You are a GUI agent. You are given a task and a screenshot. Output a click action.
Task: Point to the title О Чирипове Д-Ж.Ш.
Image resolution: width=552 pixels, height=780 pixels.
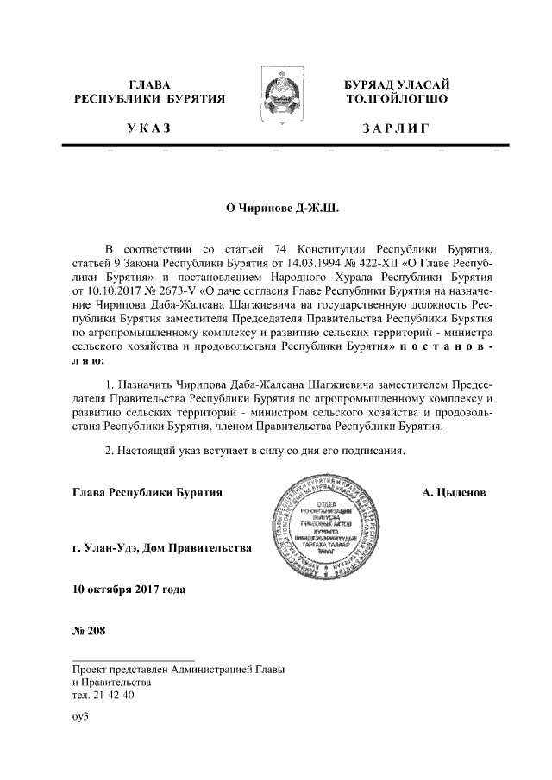[x=276, y=207]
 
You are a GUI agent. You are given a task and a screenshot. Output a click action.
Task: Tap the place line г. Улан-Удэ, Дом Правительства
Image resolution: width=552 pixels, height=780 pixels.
[x=162, y=547]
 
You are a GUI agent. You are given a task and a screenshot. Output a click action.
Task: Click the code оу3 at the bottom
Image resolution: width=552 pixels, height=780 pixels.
[x=81, y=715]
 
